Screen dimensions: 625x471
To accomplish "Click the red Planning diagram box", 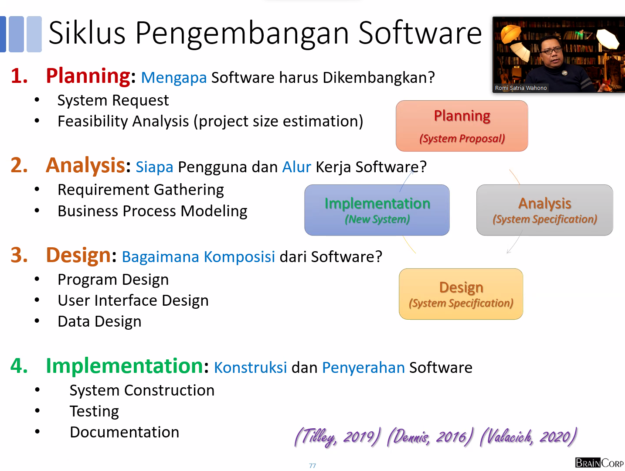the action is (462, 126).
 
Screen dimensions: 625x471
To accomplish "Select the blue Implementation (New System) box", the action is (377, 210).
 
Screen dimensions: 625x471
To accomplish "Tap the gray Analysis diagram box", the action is (544, 210).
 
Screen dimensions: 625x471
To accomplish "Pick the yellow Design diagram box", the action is (461, 294).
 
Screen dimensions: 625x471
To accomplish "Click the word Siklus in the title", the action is (87, 33).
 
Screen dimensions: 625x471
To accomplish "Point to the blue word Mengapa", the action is (174, 78).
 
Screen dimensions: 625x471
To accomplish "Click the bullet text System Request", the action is (113, 100).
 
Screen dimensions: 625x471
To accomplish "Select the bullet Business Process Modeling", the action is (153, 211).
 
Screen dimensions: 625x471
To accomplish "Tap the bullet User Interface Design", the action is (133, 300).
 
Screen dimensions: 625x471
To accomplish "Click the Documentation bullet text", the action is (124, 432).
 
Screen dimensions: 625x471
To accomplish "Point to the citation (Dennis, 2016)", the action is (430, 437).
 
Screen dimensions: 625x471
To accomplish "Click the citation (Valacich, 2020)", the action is (528, 437).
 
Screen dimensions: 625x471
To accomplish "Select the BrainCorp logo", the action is (599, 463).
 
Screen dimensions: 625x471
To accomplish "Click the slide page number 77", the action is (312, 466).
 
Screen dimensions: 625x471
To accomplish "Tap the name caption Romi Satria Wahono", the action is (521, 88).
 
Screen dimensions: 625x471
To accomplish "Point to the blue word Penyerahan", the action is (363, 368).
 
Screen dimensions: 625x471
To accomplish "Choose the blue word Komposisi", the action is (239, 257).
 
